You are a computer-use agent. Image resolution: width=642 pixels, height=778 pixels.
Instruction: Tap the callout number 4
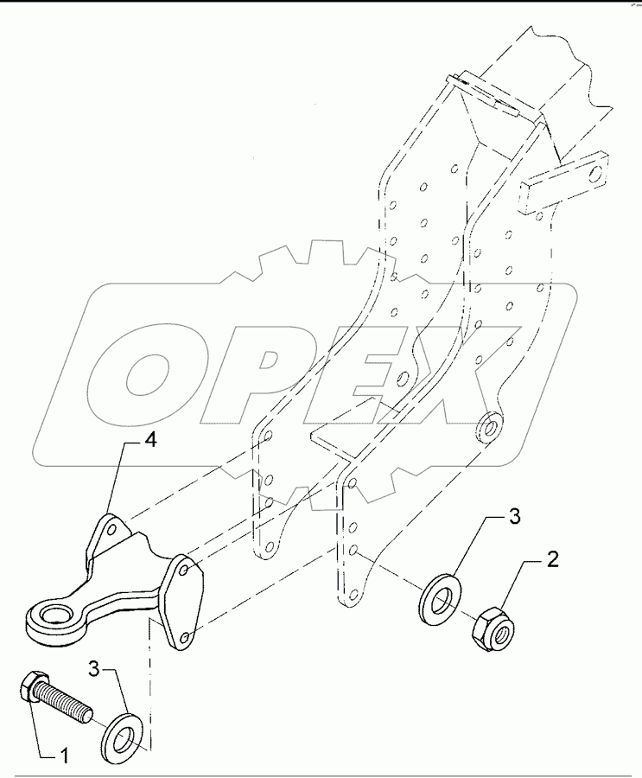click(x=149, y=442)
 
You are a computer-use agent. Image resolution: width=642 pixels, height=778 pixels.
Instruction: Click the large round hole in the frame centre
click(x=403, y=378)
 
